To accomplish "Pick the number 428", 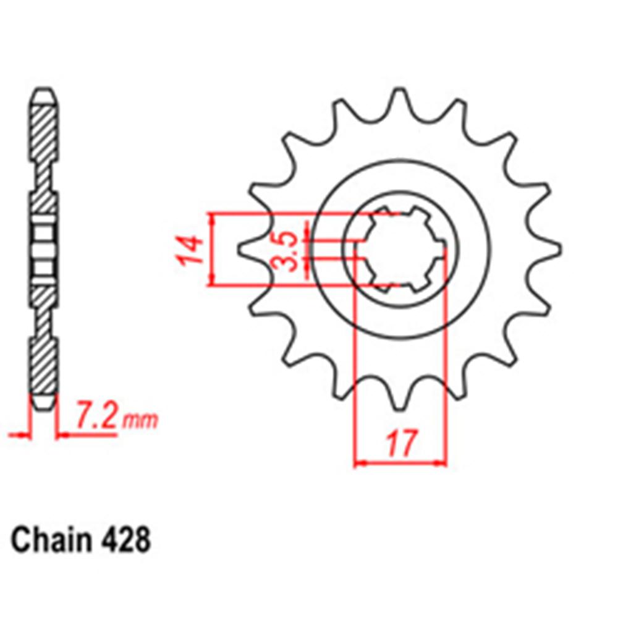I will [124, 541].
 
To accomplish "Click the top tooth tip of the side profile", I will [44, 96].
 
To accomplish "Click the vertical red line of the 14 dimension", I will [213, 250].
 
